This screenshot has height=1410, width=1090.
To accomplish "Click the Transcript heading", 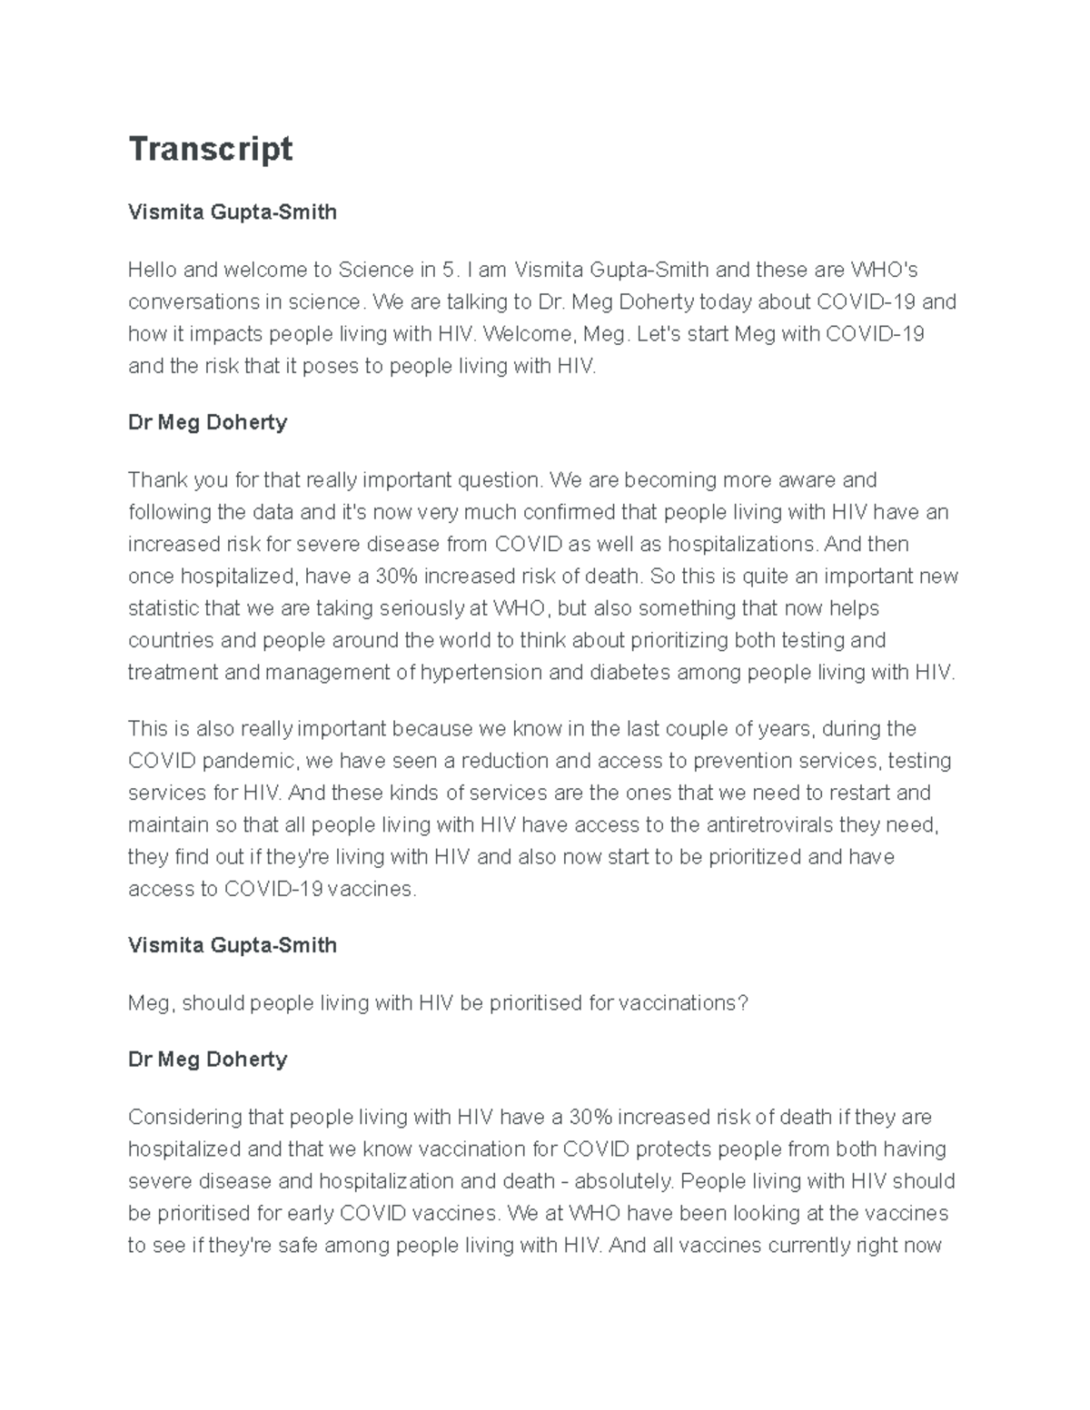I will pyautogui.click(x=210, y=149).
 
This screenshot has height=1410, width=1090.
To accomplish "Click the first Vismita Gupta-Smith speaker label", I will pyautogui.click(x=233, y=212).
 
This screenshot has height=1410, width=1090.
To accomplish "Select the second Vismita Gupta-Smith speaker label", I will pyautogui.click(x=233, y=945).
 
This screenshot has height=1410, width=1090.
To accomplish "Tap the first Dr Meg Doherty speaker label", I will pyautogui.click(x=208, y=422).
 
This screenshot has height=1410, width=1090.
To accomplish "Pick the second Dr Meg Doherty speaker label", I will pyautogui.click(x=208, y=1060).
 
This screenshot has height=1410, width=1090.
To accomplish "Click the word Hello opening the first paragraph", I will pyautogui.click(x=153, y=270).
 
